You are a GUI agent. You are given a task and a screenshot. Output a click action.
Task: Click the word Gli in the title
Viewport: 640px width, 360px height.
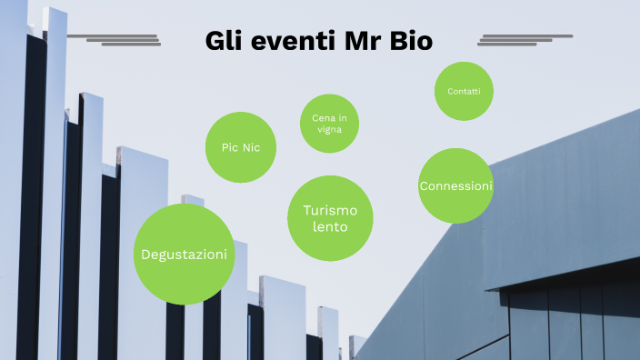[223, 42]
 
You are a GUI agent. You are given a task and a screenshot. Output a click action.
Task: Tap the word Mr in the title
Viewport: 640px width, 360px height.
[362, 42]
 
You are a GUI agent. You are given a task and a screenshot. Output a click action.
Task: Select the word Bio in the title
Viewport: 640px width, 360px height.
[410, 42]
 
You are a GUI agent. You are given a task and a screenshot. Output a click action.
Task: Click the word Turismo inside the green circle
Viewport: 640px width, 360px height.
[330, 211]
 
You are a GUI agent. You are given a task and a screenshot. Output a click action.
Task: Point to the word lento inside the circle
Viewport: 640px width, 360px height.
[330, 226]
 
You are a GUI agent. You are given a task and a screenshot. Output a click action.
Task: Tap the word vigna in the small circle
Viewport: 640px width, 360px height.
[329, 129]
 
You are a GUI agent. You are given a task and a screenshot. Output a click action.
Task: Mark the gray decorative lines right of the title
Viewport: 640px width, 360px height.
[525, 40]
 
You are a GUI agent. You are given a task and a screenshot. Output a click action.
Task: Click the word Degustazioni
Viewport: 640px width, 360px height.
[184, 255]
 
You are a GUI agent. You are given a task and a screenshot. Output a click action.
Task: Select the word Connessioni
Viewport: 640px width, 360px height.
[455, 185]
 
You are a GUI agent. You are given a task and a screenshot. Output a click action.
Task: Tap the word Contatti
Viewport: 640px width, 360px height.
[464, 91]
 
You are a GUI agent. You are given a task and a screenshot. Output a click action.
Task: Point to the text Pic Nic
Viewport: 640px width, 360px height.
[241, 147]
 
